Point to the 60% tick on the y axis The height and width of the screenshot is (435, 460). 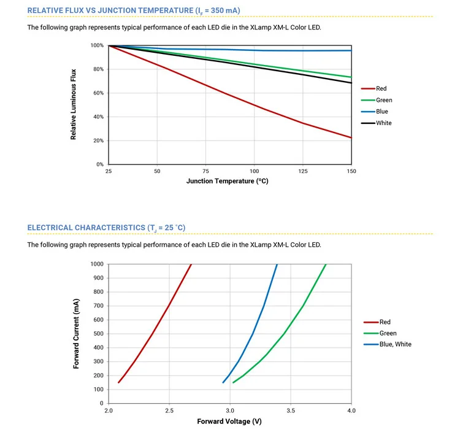coord(98,93)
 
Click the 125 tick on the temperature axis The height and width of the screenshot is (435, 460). coord(302,172)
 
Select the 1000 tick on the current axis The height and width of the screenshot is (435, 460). coord(97,264)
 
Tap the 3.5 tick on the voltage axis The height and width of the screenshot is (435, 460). coord(290,410)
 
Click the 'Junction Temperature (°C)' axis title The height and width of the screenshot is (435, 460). coord(227,182)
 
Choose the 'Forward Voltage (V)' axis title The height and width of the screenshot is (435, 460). coord(229,422)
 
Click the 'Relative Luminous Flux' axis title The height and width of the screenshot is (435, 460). coord(74,105)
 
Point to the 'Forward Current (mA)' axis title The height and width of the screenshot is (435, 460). coord(76,333)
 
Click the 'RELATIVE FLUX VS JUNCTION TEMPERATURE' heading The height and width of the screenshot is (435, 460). coord(134,10)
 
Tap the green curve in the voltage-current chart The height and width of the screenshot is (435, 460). coord(284,334)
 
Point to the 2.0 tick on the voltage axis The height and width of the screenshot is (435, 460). coord(109,410)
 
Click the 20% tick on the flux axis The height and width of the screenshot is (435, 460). coord(98,141)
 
